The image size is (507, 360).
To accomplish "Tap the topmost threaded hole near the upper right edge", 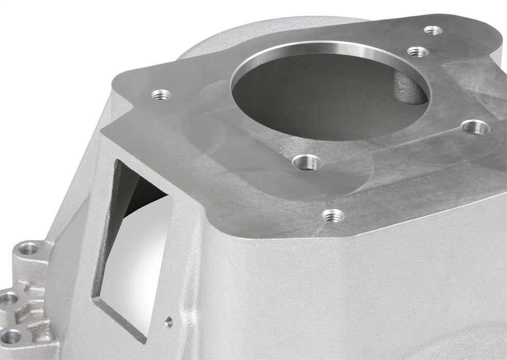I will (x=433, y=30).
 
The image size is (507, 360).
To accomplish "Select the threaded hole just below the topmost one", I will (x=418, y=51).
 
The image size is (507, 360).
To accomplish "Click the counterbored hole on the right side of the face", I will (x=476, y=127).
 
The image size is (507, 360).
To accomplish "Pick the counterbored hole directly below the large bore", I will (x=307, y=163).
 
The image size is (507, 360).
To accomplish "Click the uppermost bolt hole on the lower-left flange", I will (x=30, y=250).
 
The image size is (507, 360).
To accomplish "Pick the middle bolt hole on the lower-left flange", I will (x=9, y=298).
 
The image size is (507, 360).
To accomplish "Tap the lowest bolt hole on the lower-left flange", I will (x=12, y=337).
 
